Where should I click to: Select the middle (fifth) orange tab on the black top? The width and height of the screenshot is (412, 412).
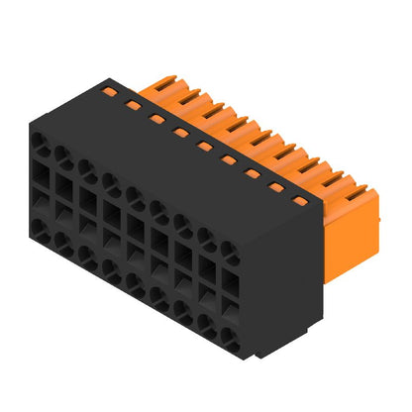203,146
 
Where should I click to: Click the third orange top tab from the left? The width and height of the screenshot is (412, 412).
155,117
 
